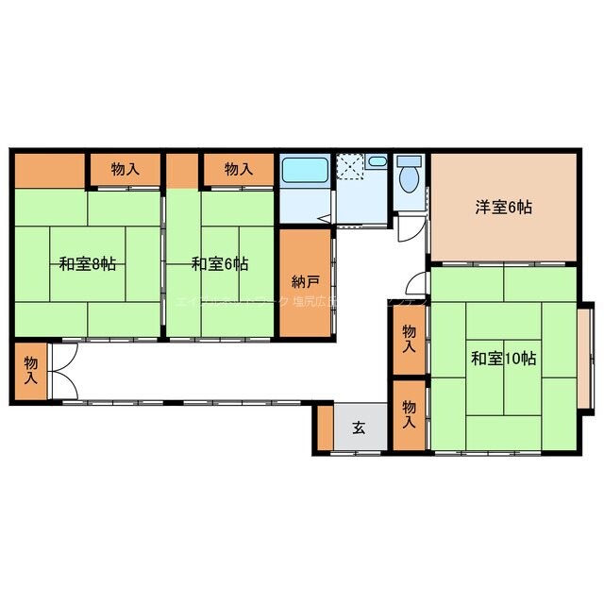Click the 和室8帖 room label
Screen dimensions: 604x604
(x=87, y=265)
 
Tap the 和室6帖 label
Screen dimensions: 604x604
(x=219, y=265)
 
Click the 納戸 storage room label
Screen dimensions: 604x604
(x=305, y=280)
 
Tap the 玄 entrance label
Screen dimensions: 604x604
(x=360, y=428)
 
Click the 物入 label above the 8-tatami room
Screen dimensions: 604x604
(x=125, y=170)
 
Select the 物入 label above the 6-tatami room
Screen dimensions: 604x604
(x=238, y=170)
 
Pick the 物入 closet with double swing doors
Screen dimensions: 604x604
(x=31, y=370)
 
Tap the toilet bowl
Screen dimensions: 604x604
(x=410, y=178)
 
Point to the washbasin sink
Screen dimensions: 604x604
(x=377, y=162)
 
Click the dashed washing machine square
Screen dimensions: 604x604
(x=350, y=167)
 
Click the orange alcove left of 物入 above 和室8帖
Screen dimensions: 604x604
(x=50, y=170)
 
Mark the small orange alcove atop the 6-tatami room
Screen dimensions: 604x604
(x=181, y=170)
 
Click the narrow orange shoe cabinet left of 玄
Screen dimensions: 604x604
(x=325, y=428)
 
